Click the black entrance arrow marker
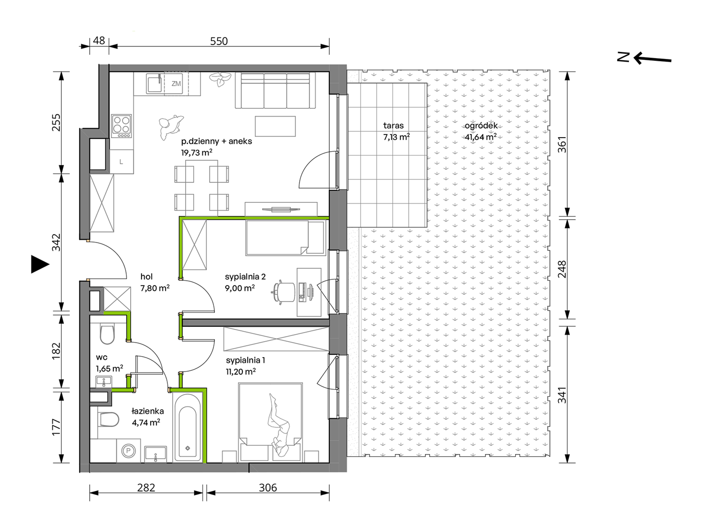pos(40,264)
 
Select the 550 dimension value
pos(219,41)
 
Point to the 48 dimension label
pos(99,40)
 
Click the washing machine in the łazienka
pos(129,451)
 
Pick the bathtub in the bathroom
pos(188,427)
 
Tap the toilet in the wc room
pos(107,333)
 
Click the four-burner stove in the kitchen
pos(122,126)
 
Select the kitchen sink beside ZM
pos(155,84)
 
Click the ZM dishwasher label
pos(176,84)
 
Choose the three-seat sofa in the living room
pos(275,90)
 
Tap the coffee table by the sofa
pos(275,126)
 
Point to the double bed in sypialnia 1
pos(270,422)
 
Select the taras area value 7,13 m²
pos(396,137)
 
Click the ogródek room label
pos(481,126)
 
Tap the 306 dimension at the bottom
pos(267,488)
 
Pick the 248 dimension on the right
pos(562,269)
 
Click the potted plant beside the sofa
pos(220,79)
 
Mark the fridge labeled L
pos(122,162)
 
